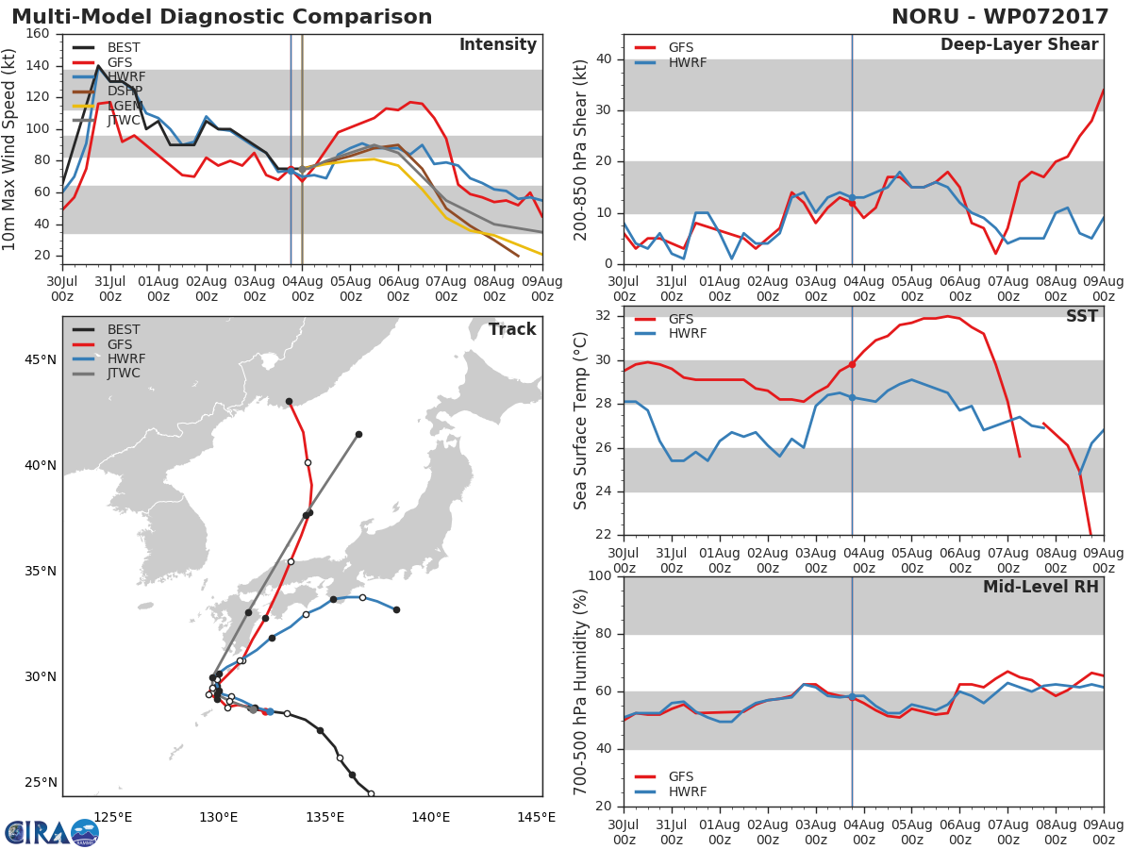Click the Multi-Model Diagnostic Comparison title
(222, 17)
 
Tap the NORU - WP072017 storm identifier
(1000, 17)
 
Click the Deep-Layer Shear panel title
(1019, 45)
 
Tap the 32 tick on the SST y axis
(604, 315)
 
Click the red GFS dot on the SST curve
(853, 364)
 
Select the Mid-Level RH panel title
(1040, 587)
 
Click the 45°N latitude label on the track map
(41, 359)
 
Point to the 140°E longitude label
(430, 817)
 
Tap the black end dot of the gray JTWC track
(359, 435)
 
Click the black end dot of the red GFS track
(290, 402)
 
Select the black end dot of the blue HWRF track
(396, 609)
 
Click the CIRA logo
(51, 833)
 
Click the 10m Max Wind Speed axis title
(8, 149)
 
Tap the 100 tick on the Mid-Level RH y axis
(600, 575)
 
